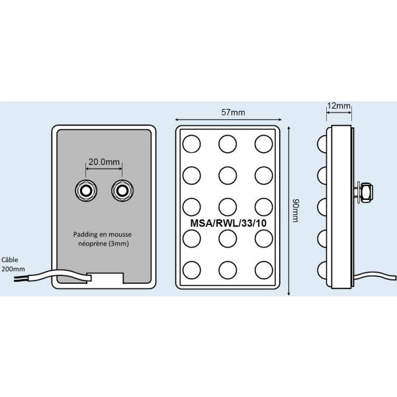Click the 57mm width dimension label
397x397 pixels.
point(233,112)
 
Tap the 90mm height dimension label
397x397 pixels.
point(295,210)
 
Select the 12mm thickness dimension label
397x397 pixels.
point(339,106)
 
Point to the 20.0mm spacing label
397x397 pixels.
point(104,161)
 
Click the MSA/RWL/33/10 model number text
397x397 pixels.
point(228,223)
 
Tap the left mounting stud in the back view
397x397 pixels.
point(86,191)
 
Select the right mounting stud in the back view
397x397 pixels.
point(122,191)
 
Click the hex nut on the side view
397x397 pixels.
point(367,191)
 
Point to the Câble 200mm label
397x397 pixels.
point(13,264)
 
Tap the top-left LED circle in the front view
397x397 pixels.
point(192,144)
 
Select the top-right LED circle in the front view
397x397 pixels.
point(263,144)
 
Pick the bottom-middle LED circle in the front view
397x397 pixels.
point(228,270)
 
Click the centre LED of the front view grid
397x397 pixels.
point(228,207)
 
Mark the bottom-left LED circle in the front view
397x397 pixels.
point(192,270)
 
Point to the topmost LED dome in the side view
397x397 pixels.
point(322,144)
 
